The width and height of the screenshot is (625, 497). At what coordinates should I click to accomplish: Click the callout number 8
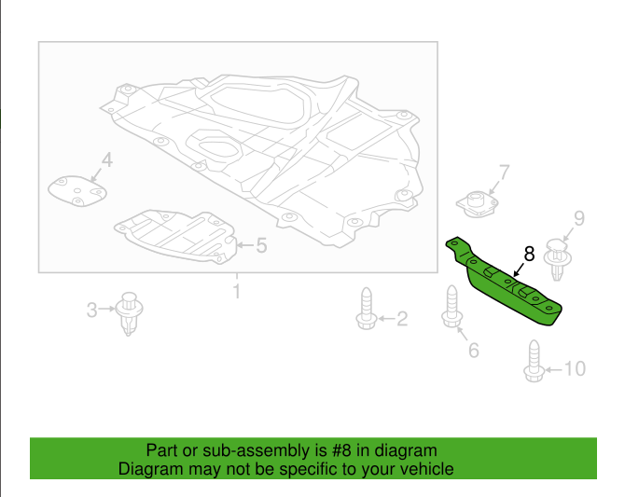[x=529, y=254]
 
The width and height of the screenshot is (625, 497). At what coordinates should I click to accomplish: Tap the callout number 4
[x=107, y=159]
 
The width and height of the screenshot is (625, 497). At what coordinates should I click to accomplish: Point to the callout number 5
[x=261, y=245]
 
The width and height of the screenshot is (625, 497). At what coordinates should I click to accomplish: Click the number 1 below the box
[x=237, y=291]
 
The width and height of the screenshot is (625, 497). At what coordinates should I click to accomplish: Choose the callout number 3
[x=91, y=311]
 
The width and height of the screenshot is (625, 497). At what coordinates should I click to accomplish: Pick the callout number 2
[x=402, y=319]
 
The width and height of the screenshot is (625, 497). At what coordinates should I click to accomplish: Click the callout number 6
[x=474, y=351]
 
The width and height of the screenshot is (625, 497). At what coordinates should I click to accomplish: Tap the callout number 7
[x=505, y=173]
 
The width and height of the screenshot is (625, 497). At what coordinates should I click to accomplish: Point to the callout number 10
[x=576, y=368]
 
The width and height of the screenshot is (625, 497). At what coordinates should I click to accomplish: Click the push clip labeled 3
[x=129, y=313]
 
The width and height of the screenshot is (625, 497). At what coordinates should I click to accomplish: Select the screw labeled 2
[x=367, y=309]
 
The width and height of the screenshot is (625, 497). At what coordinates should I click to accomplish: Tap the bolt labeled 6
[x=451, y=307]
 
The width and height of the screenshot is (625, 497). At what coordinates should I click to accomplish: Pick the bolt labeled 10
[x=535, y=361]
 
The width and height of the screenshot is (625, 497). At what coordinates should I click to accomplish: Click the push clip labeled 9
[x=557, y=260]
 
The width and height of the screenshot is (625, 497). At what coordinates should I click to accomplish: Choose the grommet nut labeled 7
[x=478, y=204]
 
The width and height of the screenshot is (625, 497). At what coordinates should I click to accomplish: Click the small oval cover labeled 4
[x=77, y=191]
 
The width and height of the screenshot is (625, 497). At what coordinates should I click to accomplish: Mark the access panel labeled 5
[x=175, y=236]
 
